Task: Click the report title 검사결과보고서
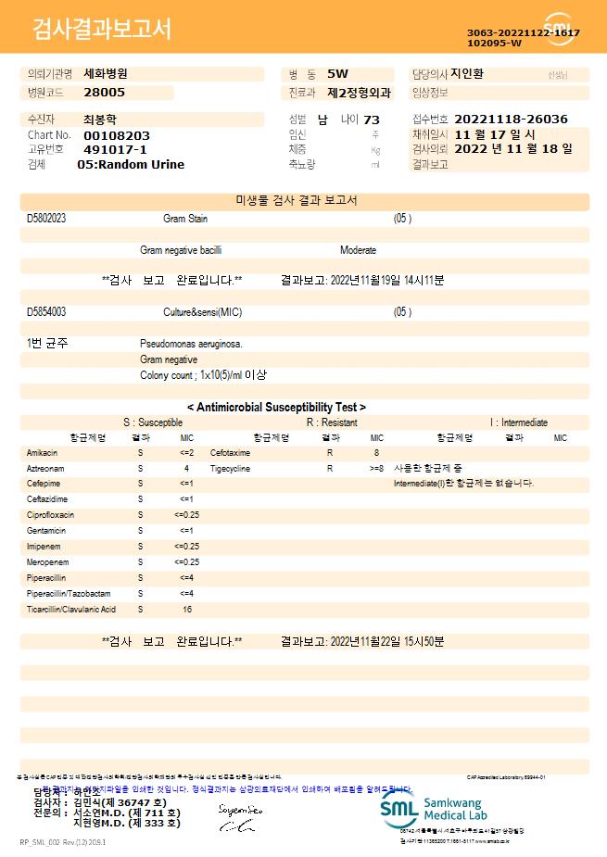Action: tap(102, 29)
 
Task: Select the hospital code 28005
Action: tap(104, 93)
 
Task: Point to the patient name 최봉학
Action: tap(101, 120)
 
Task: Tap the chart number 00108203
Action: tap(116, 135)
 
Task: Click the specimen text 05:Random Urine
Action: tap(131, 165)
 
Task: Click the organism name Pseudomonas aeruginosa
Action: tap(191, 344)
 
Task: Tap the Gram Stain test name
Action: tap(185, 219)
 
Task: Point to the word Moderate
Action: tap(358, 250)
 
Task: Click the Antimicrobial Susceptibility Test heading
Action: tap(276, 407)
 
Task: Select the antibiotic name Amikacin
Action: tap(43, 453)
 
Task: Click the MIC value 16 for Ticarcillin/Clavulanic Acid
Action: tap(187, 610)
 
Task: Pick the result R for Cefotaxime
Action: tap(329, 453)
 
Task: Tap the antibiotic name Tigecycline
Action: tap(232, 469)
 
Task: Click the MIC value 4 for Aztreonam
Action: tap(186, 469)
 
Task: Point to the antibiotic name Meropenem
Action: tap(45, 562)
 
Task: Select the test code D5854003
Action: tap(46, 312)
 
